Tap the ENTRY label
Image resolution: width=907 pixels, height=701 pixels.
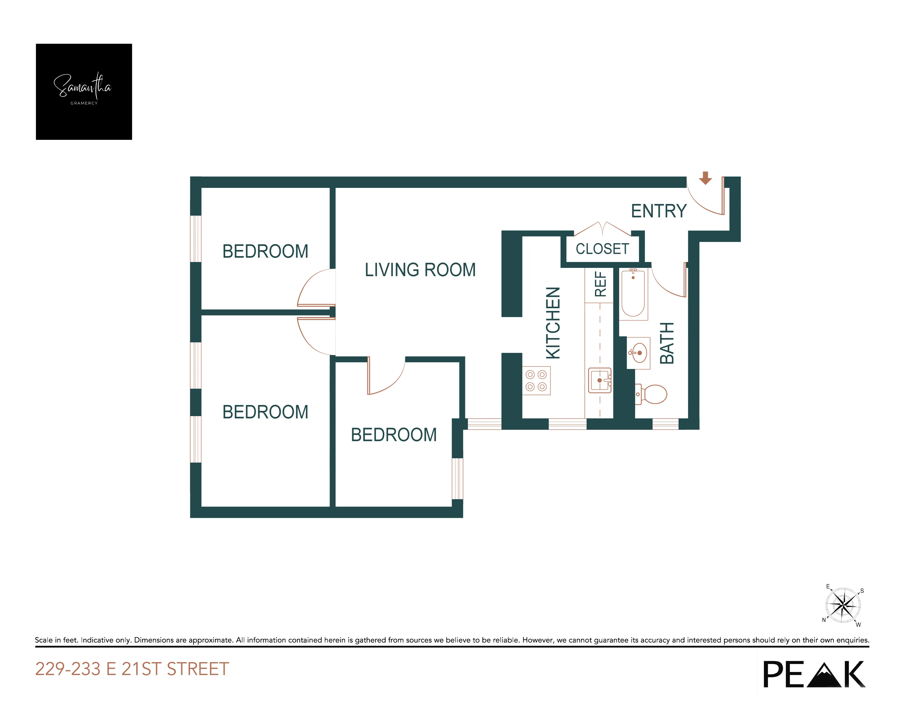(x=659, y=211)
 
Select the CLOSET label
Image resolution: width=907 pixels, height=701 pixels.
(x=602, y=249)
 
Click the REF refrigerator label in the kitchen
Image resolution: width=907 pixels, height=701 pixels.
(x=601, y=284)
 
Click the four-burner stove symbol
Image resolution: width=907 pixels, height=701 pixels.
(x=536, y=380)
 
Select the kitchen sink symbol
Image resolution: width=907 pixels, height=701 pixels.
(x=600, y=380)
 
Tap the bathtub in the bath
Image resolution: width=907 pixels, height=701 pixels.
(x=633, y=293)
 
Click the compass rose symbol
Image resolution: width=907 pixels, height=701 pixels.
(x=843, y=605)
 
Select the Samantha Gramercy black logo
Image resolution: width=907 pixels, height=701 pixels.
(x=84, y=92)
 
